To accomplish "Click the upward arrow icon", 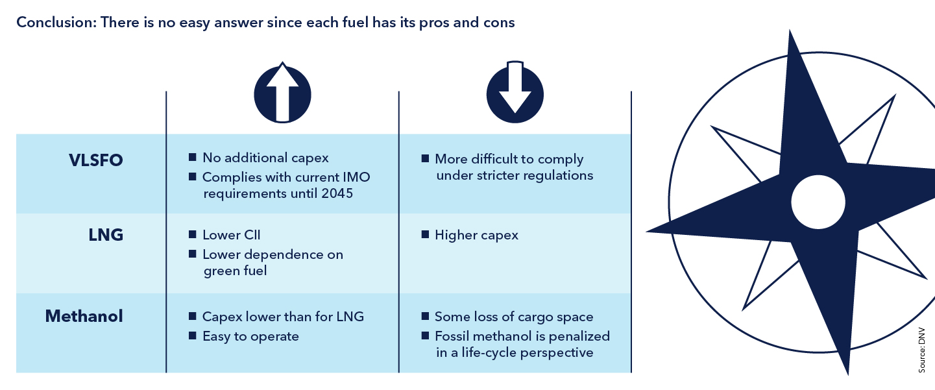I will (282, 92).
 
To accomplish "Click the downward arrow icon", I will (515, 92).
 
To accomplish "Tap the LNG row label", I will (106, 235).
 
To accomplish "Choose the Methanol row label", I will (84, 317).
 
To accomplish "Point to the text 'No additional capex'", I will (265, 158).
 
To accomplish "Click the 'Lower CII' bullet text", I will (231, 235).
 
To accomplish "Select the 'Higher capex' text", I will (476, 235).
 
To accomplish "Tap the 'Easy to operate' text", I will (250, 336).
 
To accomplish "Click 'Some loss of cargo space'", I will (514, 317).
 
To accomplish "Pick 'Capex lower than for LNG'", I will (283, 317).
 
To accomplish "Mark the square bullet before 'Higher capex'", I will (425, 235).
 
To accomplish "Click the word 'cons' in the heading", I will (500, 22).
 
